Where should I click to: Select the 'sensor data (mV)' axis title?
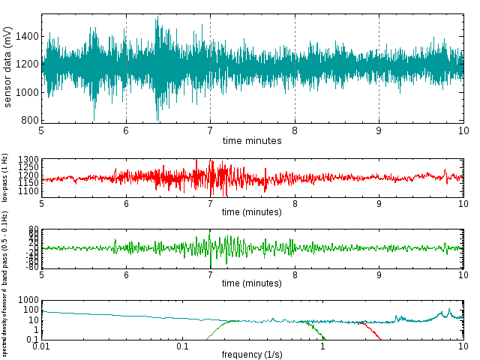coord(7,67)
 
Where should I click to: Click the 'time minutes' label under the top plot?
coord(252,140)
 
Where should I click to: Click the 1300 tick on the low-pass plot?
coord(28,160)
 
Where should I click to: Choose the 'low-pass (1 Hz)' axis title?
coord(4,178)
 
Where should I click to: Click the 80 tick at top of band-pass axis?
coord(33,229)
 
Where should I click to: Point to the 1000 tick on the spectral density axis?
coord(28,300)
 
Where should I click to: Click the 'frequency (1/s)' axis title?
coord(252,355)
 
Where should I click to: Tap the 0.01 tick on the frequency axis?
coord(42,346)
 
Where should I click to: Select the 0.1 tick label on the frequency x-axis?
coord(182,346)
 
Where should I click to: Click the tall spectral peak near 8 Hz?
coord(449,309)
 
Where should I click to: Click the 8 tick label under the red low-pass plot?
coord(295,205)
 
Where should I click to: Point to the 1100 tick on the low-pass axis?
coord(28,192)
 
